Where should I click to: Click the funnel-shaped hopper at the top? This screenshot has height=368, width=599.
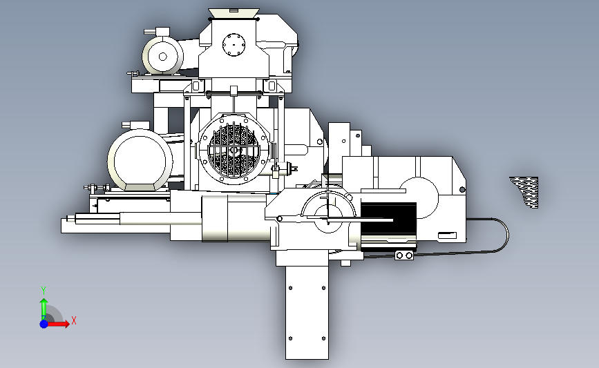(x=234, y=13)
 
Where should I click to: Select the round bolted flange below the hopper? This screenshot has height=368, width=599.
(x=234, y=45)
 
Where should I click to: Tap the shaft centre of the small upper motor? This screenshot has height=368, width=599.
(x=163, y=57)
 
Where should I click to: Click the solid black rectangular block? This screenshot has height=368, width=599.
(x=388, y=220)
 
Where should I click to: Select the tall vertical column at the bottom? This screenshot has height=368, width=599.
(x=307, y=313)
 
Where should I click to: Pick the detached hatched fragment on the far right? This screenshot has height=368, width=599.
(x=525, y=192)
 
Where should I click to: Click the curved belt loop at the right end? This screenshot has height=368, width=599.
(x=500, y=234)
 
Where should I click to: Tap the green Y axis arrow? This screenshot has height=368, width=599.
(x=44, y=309)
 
